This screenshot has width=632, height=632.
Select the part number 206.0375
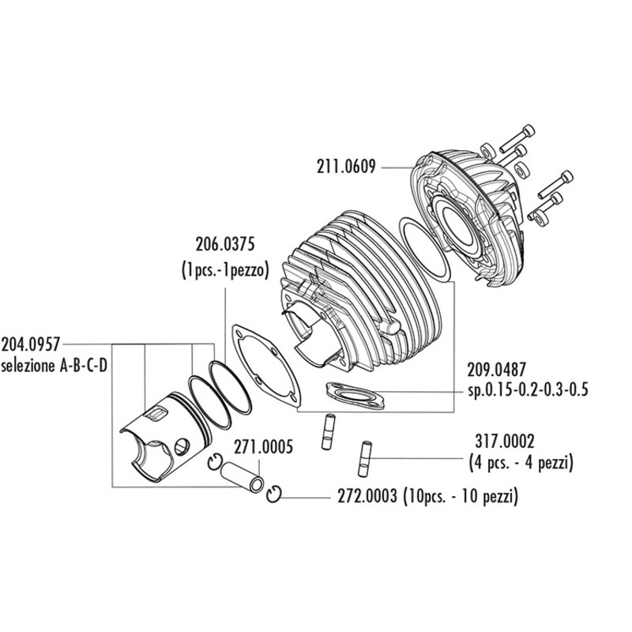point(229,244)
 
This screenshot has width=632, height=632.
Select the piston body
point(162,442)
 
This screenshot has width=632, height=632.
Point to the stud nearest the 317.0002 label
point(366,455)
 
